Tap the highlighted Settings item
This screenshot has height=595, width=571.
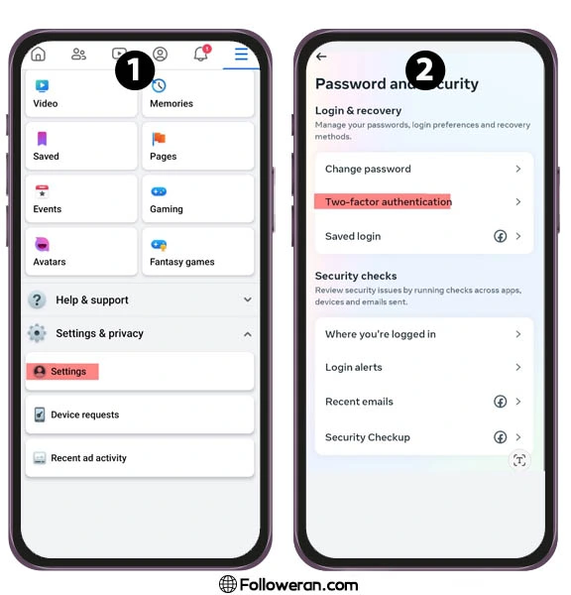62,372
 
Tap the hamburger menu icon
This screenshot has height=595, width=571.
241,54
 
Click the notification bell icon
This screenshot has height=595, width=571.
201,54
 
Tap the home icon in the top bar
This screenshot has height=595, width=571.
38,54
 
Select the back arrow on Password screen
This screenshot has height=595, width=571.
321,57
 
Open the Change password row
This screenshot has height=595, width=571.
424,169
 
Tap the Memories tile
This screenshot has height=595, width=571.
197,94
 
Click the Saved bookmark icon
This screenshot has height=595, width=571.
42,139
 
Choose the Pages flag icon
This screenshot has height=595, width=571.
159,139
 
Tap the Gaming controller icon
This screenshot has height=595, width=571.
159,191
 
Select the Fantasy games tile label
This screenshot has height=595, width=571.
182,262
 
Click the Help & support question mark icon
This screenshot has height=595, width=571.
37,300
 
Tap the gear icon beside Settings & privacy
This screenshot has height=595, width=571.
37,333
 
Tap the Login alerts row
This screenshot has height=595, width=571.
424,367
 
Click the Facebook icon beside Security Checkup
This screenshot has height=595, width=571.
500,437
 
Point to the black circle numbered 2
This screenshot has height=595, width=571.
425,70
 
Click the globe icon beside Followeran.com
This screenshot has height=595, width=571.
228,584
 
